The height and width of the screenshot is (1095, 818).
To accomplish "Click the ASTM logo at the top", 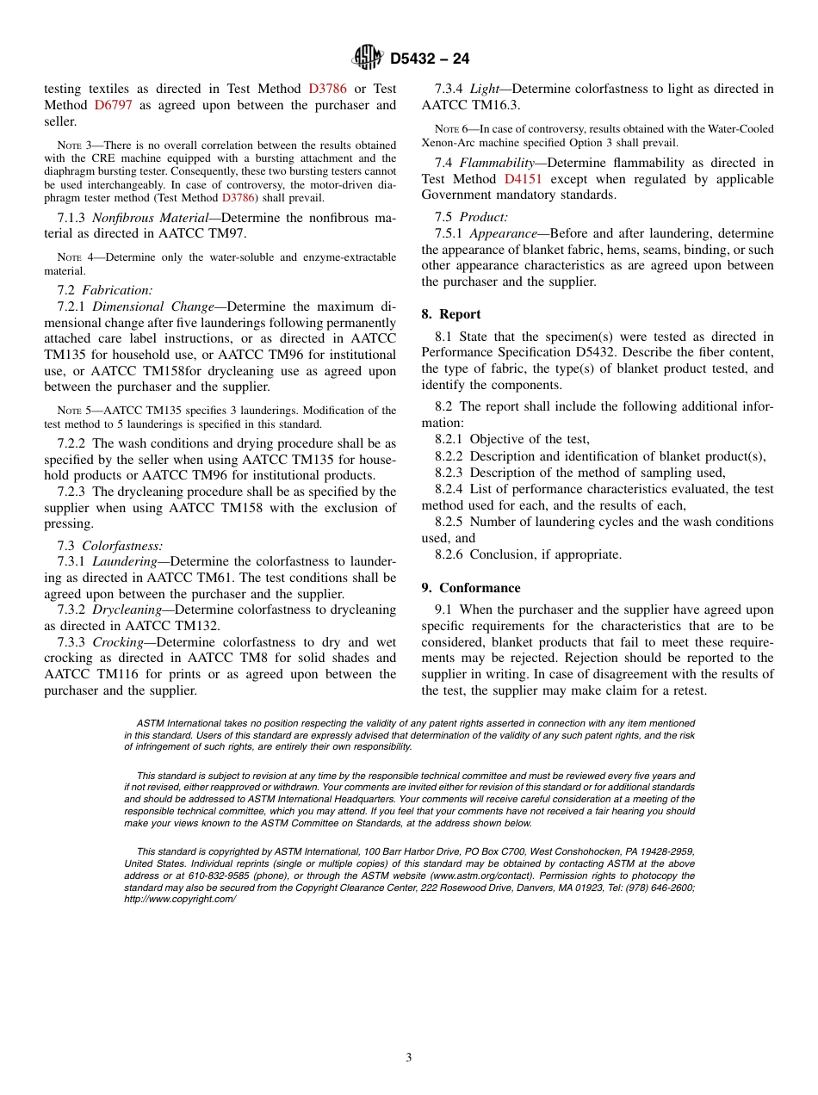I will [x=368, y=59].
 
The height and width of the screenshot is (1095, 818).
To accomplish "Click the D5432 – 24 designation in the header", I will [x=430, y=59].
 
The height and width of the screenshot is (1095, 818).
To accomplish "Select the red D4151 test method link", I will [x=523, y=179].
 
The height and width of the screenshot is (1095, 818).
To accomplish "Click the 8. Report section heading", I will [x=451, y=314].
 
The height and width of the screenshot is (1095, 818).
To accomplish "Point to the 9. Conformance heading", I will [x=471, y=588].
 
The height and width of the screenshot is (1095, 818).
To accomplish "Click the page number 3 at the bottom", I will [x=409, y=1058].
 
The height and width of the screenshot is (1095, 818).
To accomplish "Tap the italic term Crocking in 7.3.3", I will [x=118, y=642].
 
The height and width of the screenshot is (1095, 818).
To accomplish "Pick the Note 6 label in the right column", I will [x=451, y=129].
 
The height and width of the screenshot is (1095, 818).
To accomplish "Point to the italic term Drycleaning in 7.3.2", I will [x=127, y=609].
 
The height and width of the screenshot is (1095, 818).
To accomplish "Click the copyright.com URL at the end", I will [x=180, y=899].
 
